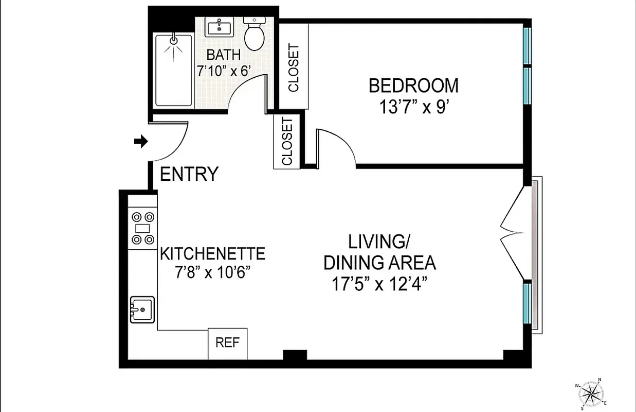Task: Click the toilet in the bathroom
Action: [x=253, y=34]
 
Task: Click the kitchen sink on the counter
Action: [x=142, y=310]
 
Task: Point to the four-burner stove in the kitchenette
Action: [x=142, y=228]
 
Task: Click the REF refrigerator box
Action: [x=227, y=344]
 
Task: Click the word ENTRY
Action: [x=189, y=174]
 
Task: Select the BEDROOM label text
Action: [x=413, y=85]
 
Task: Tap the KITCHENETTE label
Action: [x=213, y=254]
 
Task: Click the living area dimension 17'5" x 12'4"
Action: [x=380, y=284]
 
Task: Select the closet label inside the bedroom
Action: [x=294, y=67]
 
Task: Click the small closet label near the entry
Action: [x=287, y=142]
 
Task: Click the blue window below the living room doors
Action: [x=526, y=302]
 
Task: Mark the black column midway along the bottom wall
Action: [x=295, y=355]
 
